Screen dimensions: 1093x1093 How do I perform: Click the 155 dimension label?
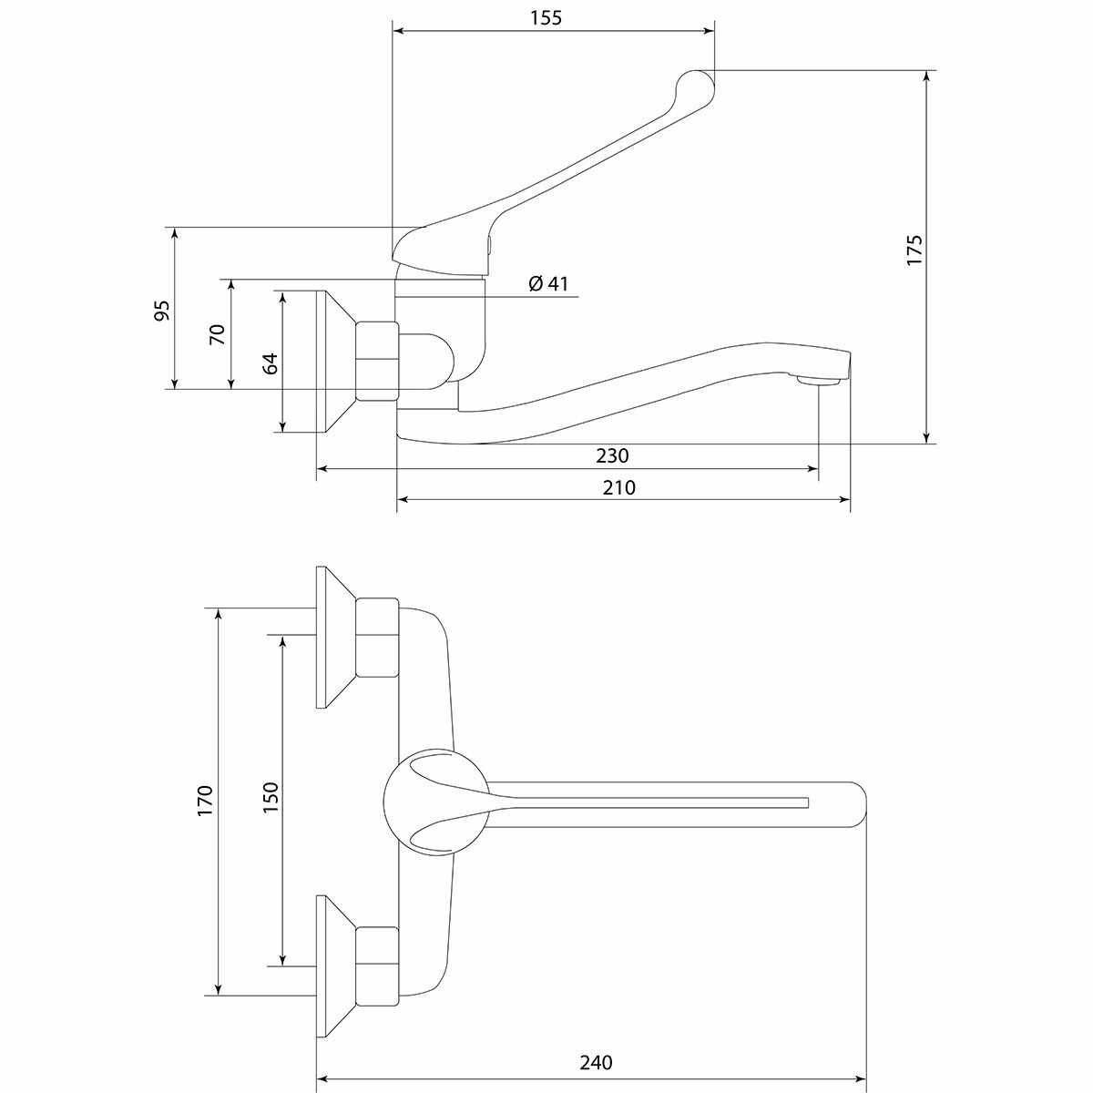[546, 17]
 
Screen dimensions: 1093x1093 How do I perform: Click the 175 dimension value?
[914, 250]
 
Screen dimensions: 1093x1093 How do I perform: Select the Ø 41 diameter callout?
[547, 283]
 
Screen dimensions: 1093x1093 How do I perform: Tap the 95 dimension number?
[162, 310]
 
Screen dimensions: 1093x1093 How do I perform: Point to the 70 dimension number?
[218, 333]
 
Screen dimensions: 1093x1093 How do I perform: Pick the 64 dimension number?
[271, 363]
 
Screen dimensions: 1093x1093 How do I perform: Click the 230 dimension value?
[611, 455]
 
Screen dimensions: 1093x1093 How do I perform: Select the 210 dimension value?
[618, 487]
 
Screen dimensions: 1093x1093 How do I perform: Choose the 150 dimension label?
[271, 799]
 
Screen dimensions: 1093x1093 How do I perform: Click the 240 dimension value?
[596, 1062]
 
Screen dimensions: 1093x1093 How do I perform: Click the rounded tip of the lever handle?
[697, 86]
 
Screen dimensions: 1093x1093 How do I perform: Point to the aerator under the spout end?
[816, 380]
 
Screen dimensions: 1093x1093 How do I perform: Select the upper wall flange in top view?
[333, 638]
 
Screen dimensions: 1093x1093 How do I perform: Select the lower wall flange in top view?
[333, 965]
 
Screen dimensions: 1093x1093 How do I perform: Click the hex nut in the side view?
[376, 361]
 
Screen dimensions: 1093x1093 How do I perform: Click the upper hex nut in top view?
[376, 638]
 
